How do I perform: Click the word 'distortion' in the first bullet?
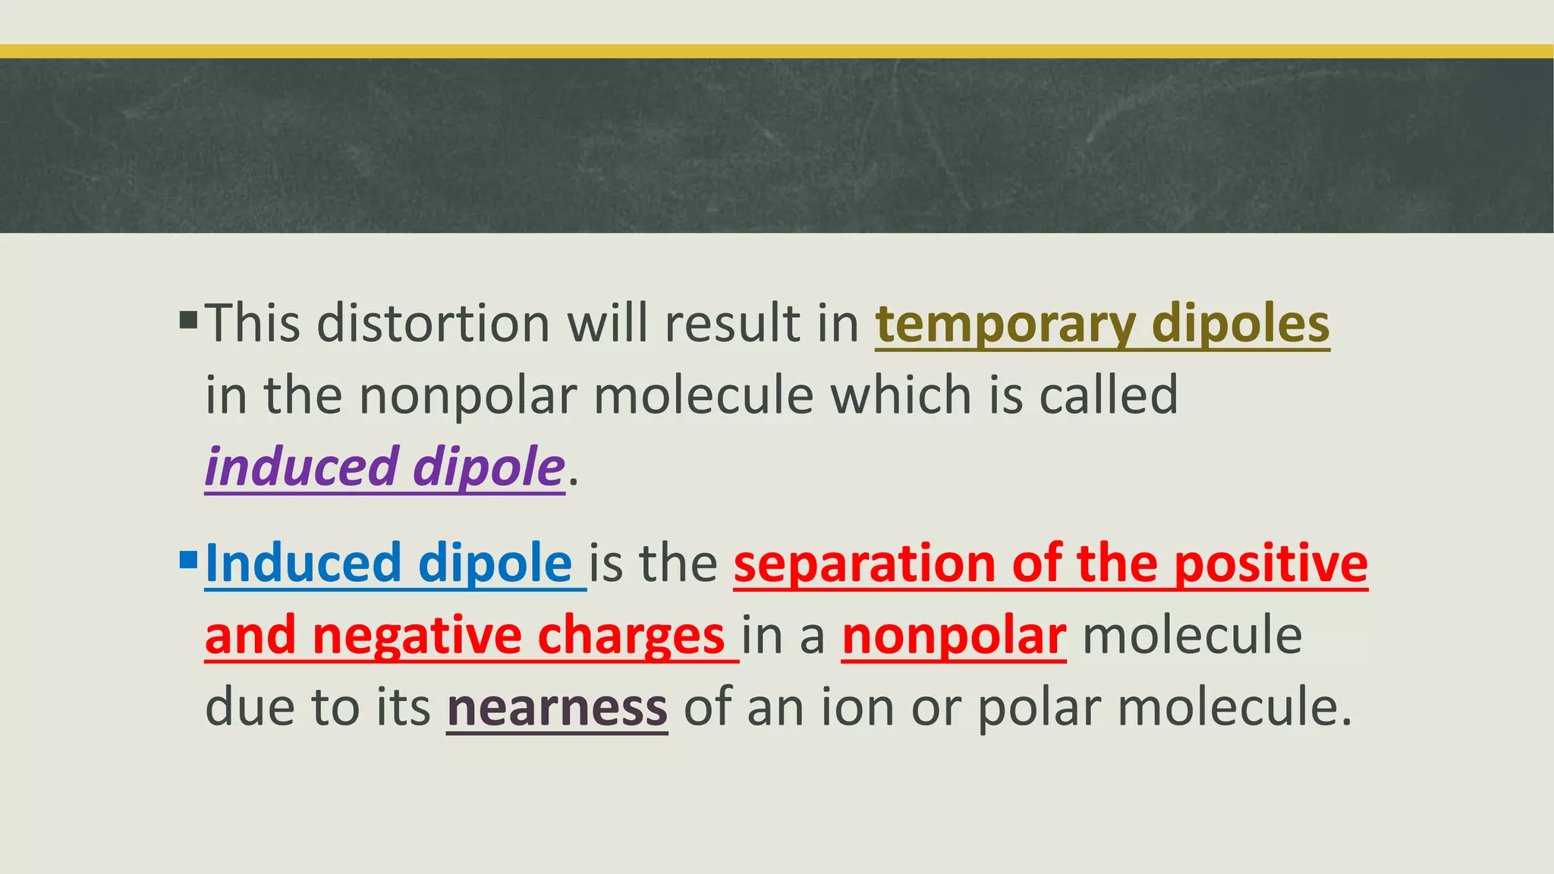point(433,324)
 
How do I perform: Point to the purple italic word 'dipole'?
point(488,467)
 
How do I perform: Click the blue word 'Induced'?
point(303,564)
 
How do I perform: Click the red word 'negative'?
point(417,637)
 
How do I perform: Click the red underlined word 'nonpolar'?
point(954,637)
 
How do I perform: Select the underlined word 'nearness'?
point(557,708)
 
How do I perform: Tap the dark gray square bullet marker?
point(188,319)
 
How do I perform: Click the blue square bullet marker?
point(188,561)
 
